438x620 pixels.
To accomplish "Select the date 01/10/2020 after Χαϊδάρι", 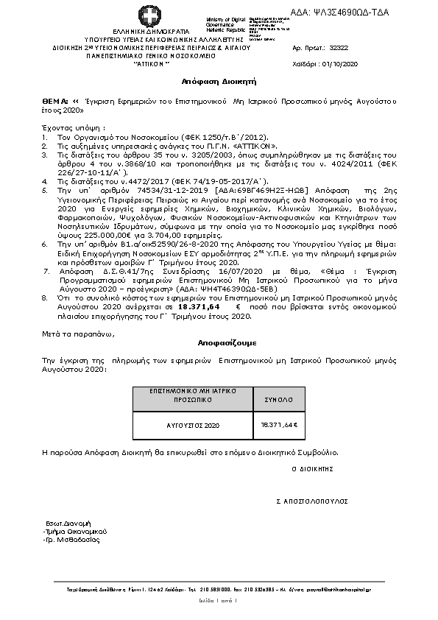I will click(341, 65).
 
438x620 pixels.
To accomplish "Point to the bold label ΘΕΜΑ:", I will click(56, 97).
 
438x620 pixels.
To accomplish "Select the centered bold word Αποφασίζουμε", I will click(218, 343).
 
